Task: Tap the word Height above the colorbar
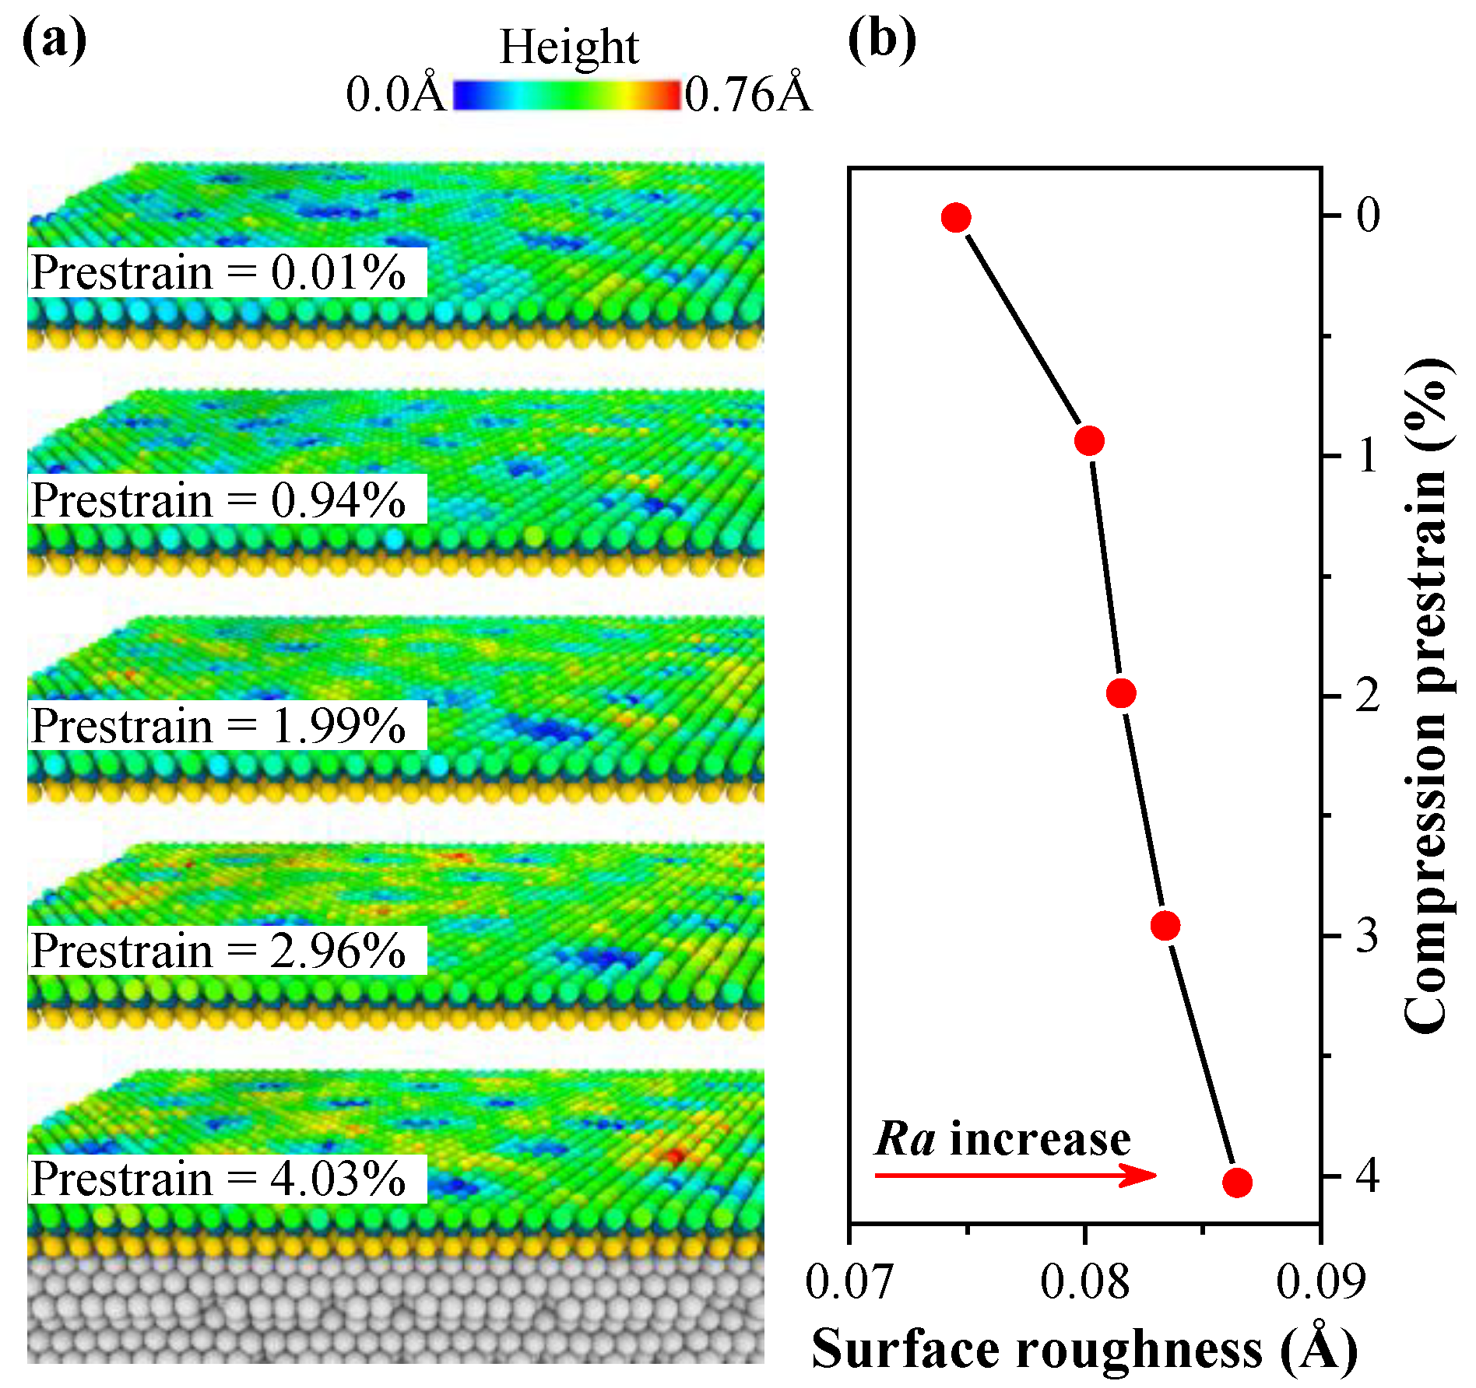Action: tap(569, 47)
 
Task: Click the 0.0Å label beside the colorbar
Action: tap(395, 95)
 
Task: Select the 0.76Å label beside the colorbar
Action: tap(748, 95)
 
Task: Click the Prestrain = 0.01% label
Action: tap(219, 273)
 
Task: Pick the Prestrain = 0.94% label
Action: tap(219, 499)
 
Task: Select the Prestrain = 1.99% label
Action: tap(219, 726)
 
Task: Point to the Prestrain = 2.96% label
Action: tap(219, 951)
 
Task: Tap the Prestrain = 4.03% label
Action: tap(219, 1179)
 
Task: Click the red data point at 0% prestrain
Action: tap(956, 218)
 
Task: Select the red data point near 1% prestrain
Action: tap(1089, 440)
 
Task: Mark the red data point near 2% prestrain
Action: tap(1121, 692)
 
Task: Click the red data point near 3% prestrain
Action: tap(1165, 926)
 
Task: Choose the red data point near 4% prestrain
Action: tap(1237, 1183)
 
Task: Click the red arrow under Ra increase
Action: tap(1015, 1175)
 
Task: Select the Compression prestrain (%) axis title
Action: tap(1427, 696)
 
